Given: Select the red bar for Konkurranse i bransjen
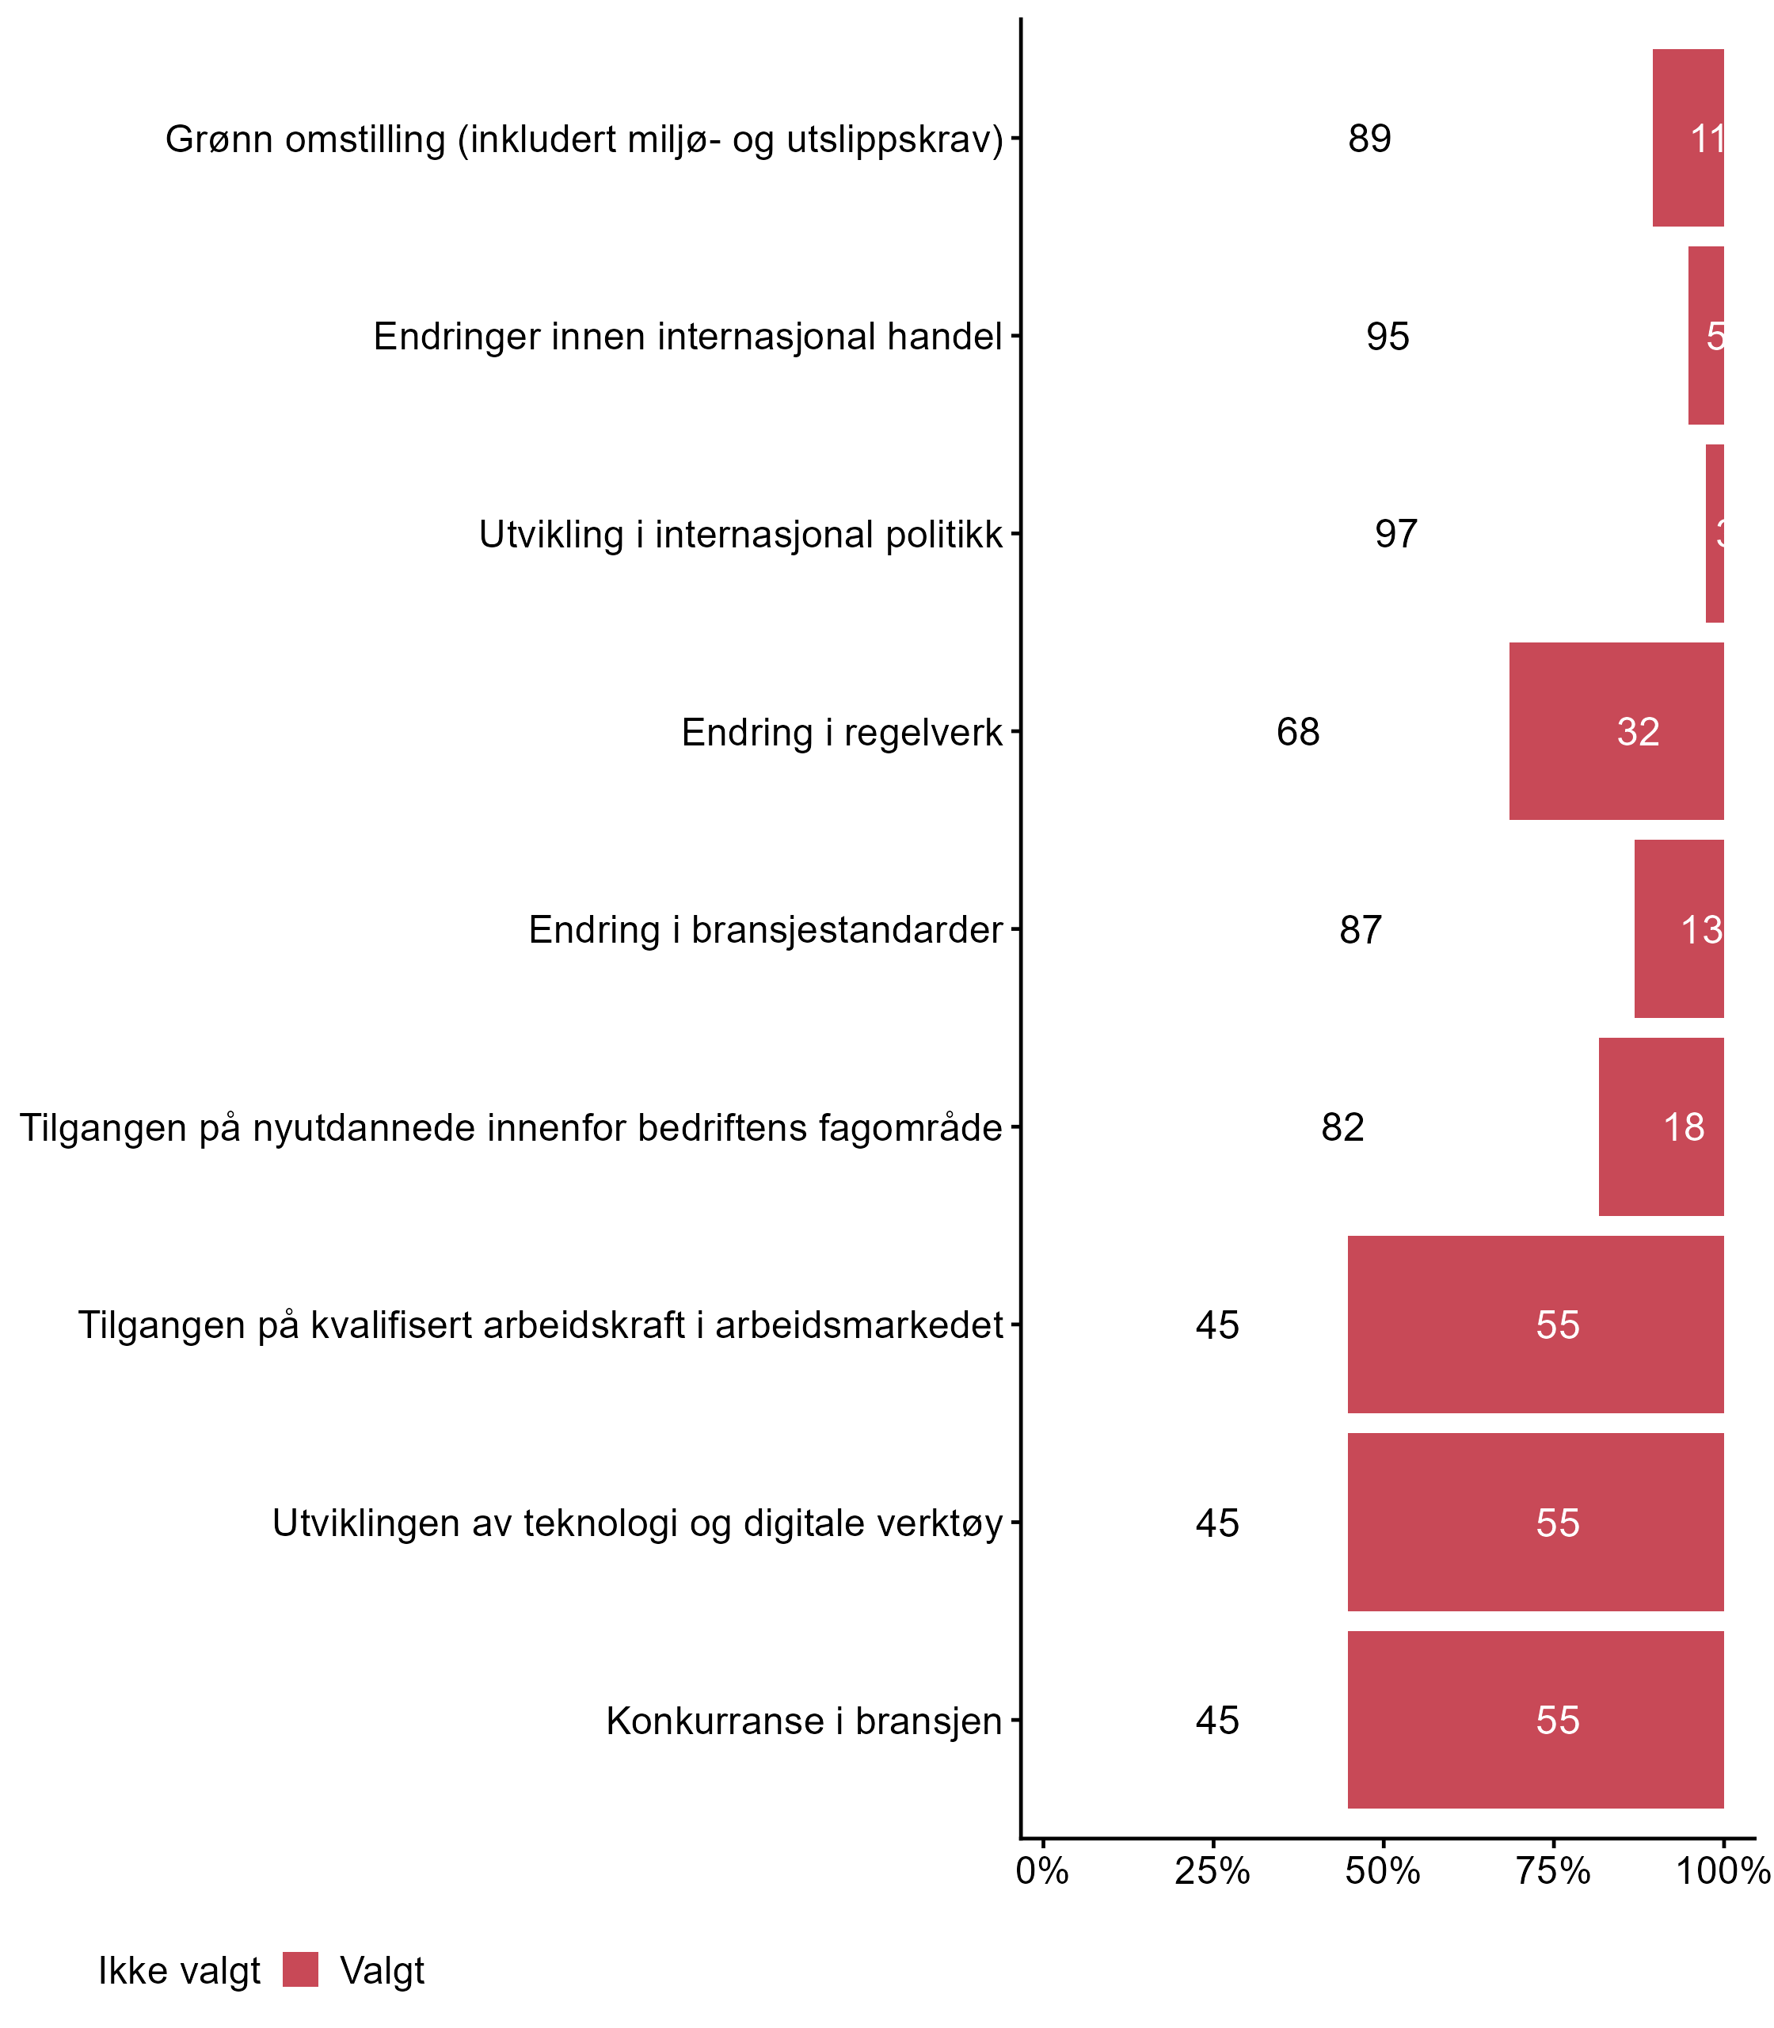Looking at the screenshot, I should [1535, 1720].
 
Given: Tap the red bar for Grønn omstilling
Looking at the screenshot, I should [1687, 138].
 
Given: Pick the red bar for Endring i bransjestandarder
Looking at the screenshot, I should [1678, 928].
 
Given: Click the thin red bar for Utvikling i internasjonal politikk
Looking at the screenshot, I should [1714, 534].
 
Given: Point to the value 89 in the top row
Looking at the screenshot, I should [1369, 139].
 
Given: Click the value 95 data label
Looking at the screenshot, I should [1387, 337].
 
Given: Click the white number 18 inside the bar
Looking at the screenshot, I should [1683, 1126].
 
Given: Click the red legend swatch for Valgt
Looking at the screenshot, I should [300, 1969].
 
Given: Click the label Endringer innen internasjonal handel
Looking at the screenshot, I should [687, 337].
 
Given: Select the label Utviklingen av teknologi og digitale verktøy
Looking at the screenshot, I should [637, 1523].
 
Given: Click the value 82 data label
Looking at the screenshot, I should [1342, 1126].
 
